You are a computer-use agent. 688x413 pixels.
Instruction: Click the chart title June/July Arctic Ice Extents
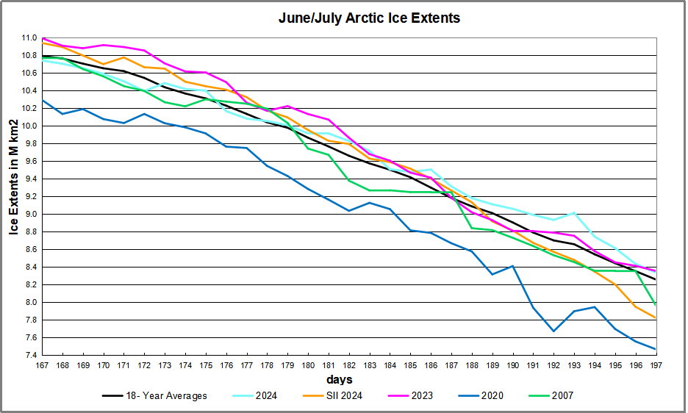[369, 18]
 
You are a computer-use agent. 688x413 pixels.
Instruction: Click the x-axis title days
[340, 380]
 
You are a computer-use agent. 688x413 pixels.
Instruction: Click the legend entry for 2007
[560, 396]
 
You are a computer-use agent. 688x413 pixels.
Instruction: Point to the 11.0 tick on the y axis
[29, 37]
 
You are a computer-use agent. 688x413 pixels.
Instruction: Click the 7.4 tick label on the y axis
[29, 355]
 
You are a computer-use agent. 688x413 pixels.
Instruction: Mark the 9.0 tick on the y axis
[29, 214]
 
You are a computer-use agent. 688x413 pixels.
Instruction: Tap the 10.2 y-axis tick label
[29, 108]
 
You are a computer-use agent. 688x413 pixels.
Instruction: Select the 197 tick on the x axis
[655, 365]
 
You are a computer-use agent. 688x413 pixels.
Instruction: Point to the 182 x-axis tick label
[348, 365]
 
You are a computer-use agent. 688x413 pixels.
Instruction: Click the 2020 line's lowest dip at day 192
[553, 331]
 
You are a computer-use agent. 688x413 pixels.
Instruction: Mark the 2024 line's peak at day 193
[574, 212]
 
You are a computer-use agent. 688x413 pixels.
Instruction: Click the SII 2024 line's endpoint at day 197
[655, 318]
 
